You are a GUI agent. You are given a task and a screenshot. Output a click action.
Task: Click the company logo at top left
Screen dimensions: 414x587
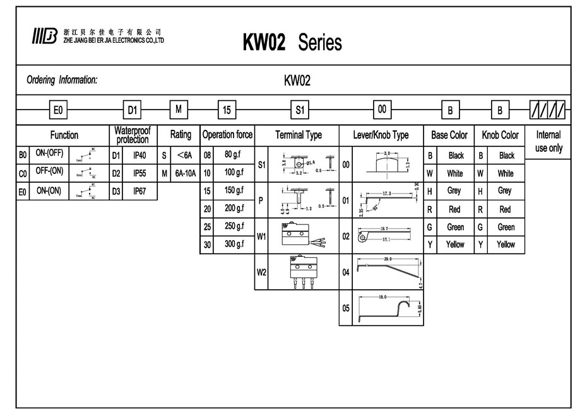[44, 37]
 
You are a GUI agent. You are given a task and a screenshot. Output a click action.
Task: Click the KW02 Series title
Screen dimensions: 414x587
[292, 42]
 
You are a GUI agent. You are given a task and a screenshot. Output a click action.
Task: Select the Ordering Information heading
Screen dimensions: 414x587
[62, 80]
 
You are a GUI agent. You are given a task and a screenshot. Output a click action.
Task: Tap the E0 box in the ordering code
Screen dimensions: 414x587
[58, 110]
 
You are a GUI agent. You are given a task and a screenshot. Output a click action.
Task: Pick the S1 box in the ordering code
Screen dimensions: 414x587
[300, 110]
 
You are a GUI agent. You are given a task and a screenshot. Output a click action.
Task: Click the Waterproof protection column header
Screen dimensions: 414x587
[133, 135]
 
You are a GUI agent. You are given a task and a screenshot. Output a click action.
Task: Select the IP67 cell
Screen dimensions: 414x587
[139, 191]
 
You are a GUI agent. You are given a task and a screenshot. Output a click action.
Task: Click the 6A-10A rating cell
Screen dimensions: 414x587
[185, 173]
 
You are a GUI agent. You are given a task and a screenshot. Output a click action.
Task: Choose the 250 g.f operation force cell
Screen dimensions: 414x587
[234, 226]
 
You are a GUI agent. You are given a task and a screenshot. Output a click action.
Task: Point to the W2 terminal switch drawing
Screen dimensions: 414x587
[302, 272]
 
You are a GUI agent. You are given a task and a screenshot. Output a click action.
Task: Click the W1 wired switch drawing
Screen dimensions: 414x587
[302, 236]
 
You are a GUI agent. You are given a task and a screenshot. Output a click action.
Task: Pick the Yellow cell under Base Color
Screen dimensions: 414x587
[455, 244]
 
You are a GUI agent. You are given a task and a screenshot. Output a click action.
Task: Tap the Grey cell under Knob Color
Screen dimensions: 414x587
[505, 190]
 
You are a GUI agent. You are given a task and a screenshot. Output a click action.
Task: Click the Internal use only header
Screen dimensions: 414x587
[548, 141]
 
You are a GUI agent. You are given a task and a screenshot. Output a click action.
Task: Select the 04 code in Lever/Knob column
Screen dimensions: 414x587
[346, 273]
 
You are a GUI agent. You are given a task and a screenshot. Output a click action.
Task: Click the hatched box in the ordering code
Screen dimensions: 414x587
[547, 110]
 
